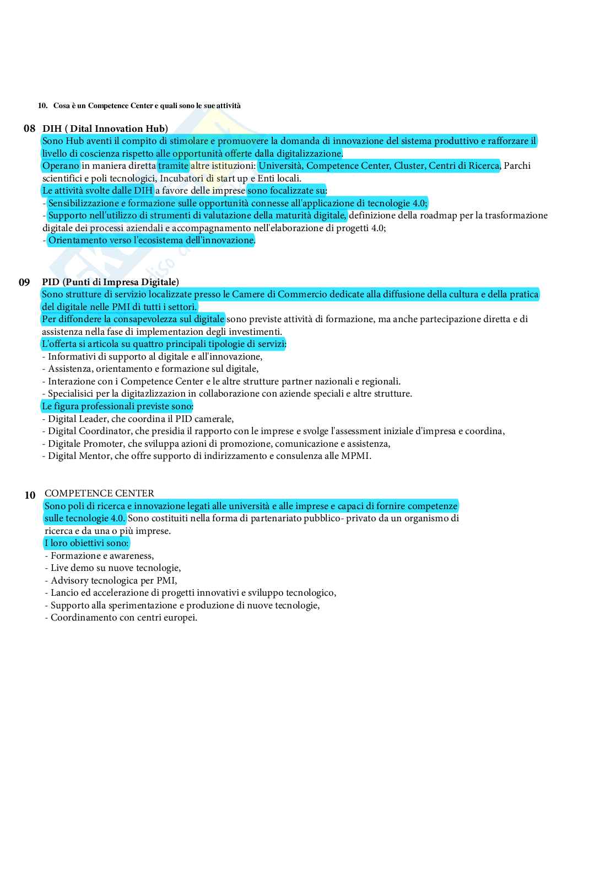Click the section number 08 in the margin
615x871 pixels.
29,129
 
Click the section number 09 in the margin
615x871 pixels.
24,282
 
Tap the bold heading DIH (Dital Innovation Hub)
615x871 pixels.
105,129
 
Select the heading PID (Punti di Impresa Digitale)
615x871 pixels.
110,282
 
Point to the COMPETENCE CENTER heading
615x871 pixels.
99,493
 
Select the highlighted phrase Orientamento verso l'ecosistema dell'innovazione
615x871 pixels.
152,240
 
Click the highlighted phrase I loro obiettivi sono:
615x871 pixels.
87,543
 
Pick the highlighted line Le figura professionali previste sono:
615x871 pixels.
117,407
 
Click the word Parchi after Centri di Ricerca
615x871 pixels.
517,165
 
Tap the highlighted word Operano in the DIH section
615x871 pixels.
61,165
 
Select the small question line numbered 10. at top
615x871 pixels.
139,105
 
